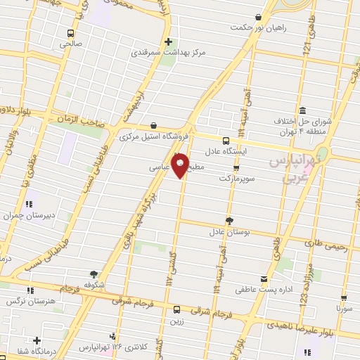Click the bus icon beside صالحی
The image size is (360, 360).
tap(70, 33)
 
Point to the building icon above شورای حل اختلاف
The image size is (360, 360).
tap(302, 110)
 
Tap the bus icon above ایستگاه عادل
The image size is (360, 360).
tap(226, 140)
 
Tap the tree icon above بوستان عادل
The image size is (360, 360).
tap(229, 219)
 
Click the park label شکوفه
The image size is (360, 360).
tap(94, 285)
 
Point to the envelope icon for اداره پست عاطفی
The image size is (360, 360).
tap(264, 278)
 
